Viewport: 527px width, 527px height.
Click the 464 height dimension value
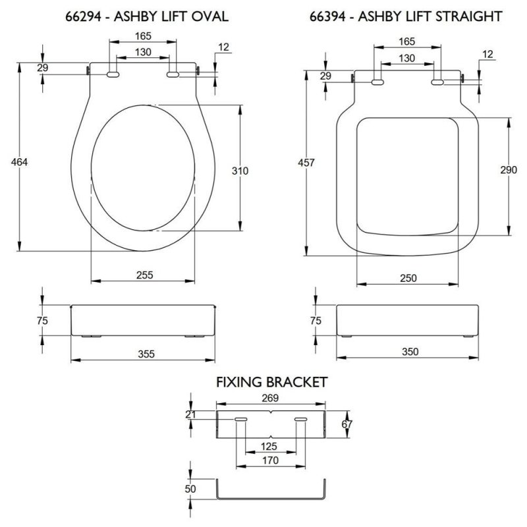11,162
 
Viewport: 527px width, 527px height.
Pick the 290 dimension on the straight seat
509,169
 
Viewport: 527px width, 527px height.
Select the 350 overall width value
410,352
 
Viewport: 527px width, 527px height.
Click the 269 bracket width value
271,398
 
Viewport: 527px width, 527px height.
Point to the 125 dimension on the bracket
269,446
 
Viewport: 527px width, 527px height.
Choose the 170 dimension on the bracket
269,462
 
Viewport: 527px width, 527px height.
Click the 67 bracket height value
348,425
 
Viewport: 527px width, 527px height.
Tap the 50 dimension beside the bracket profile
191,490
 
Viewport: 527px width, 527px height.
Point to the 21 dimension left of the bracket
191,414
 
